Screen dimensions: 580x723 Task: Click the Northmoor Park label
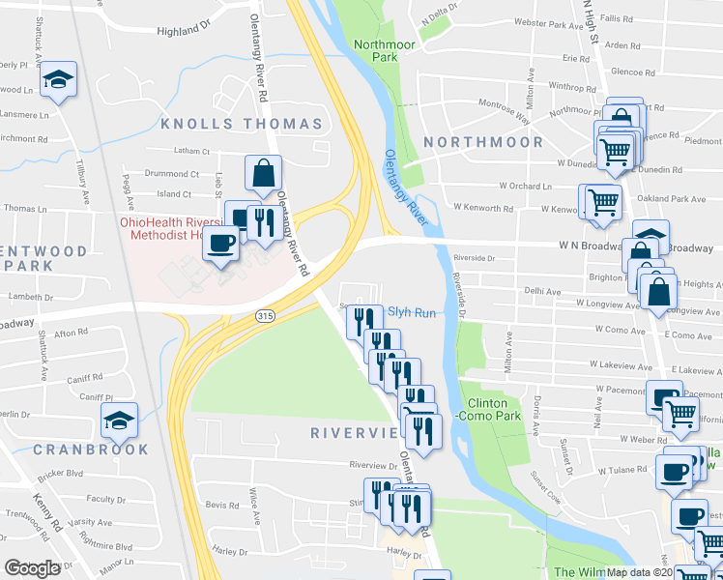[x=376, y=50]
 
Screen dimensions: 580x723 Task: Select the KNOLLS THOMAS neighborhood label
[x=241, y=124]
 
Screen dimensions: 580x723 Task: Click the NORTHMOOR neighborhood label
[x=497, y=142]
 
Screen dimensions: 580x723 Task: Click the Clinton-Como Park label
[x=495, y=409]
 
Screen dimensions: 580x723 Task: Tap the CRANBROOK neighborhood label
[x=91, y=449]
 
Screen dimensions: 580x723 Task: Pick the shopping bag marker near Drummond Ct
[x=263, y=174]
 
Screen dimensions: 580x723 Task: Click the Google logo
[x=33, y=568]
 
